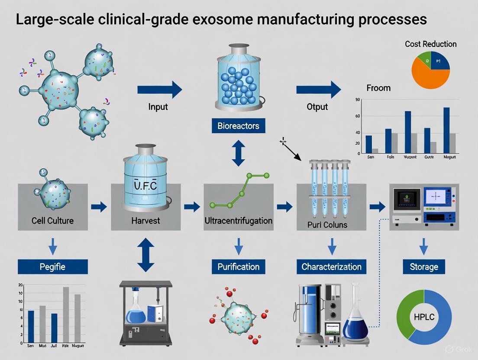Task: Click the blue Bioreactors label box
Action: click(238, 126)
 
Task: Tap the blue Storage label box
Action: click(423, 267)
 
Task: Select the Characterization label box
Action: click(331, 267)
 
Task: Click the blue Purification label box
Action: click(238, 267)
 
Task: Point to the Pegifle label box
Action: click(52, 267)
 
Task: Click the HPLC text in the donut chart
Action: click(424, 317)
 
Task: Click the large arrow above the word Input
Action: click(160, 90)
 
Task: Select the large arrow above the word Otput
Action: click(319, 90)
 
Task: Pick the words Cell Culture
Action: click(52, 221)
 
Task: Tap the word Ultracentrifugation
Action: click(238, 221)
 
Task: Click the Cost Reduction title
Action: click(430, 44)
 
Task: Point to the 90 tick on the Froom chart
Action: click(358, 100)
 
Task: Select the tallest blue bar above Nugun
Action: click(446, 130)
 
